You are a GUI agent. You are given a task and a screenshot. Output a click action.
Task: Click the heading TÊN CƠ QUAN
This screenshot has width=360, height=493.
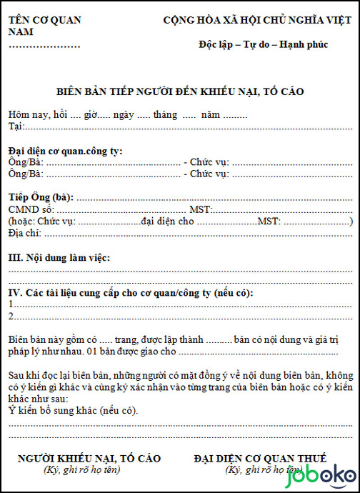44,20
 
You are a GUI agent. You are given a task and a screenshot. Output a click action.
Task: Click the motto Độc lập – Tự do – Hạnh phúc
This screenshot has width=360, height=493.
263,44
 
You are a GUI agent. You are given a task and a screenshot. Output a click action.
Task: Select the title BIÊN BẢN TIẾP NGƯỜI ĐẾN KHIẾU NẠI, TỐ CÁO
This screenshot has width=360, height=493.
180,91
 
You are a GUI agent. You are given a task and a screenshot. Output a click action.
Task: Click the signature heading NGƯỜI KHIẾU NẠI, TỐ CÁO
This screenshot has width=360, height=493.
89,458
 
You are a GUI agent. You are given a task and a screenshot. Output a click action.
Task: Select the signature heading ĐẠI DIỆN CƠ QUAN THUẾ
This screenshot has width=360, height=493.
260,458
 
